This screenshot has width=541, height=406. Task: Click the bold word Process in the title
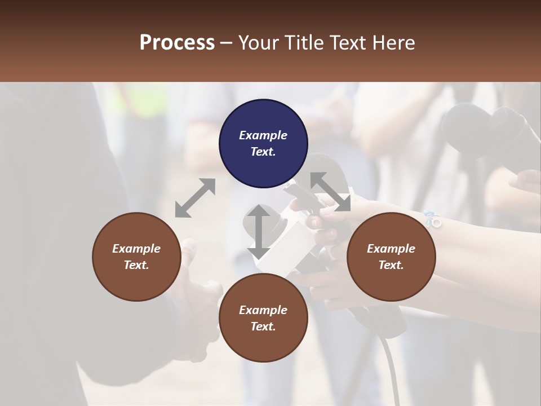tap(177, 43)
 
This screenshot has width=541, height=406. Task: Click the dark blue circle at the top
tap(263, 143)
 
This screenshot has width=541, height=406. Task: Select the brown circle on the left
tap(136, 257)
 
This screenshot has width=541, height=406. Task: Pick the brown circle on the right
tap(391, 257)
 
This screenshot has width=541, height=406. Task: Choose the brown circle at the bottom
tap(263, 318)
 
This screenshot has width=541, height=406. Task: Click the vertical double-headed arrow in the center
tap(259, 231)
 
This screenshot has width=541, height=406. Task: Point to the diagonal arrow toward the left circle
tap(195, 198)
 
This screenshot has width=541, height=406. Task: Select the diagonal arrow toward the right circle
tap(330, 192)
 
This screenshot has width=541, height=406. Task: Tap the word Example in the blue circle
tap(263, 135)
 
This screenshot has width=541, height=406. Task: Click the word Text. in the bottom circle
tap(263, 326)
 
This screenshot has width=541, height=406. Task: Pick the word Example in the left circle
tap(136, 249)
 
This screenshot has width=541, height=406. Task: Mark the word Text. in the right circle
tap(391, 265)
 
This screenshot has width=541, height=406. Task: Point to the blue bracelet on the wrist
tap(433, 219)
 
